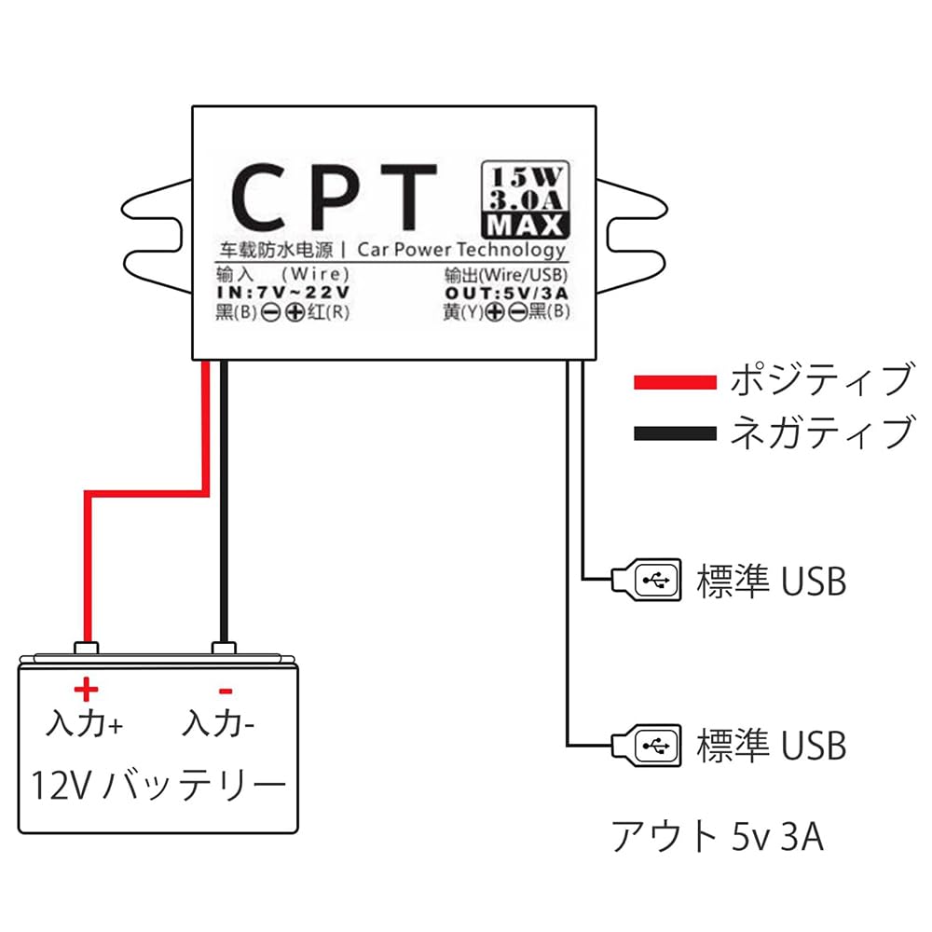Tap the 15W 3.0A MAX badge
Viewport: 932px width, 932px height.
tap(525, 199)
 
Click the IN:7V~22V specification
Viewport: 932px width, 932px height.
tap(282, 293)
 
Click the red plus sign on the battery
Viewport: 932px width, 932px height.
tap(85, 690)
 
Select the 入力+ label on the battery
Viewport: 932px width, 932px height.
tap(85, 723)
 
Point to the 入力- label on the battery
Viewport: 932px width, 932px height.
tap(220, 723)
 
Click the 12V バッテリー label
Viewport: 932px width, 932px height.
tap(158, 786)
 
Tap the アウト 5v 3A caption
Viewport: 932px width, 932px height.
tap(718, 836)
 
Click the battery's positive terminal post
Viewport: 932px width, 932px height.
tap(86, 649)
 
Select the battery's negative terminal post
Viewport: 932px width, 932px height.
tap(223, 649)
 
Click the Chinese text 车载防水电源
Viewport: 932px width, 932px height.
tap(276, 251)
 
